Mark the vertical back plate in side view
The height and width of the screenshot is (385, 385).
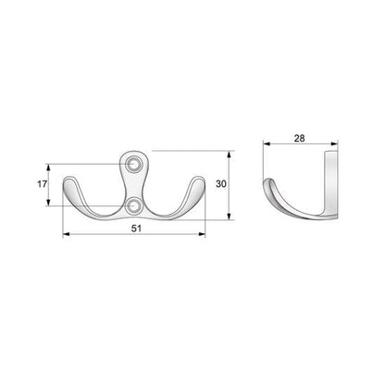(331, 176)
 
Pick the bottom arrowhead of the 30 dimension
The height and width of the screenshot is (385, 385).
(229, 217)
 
